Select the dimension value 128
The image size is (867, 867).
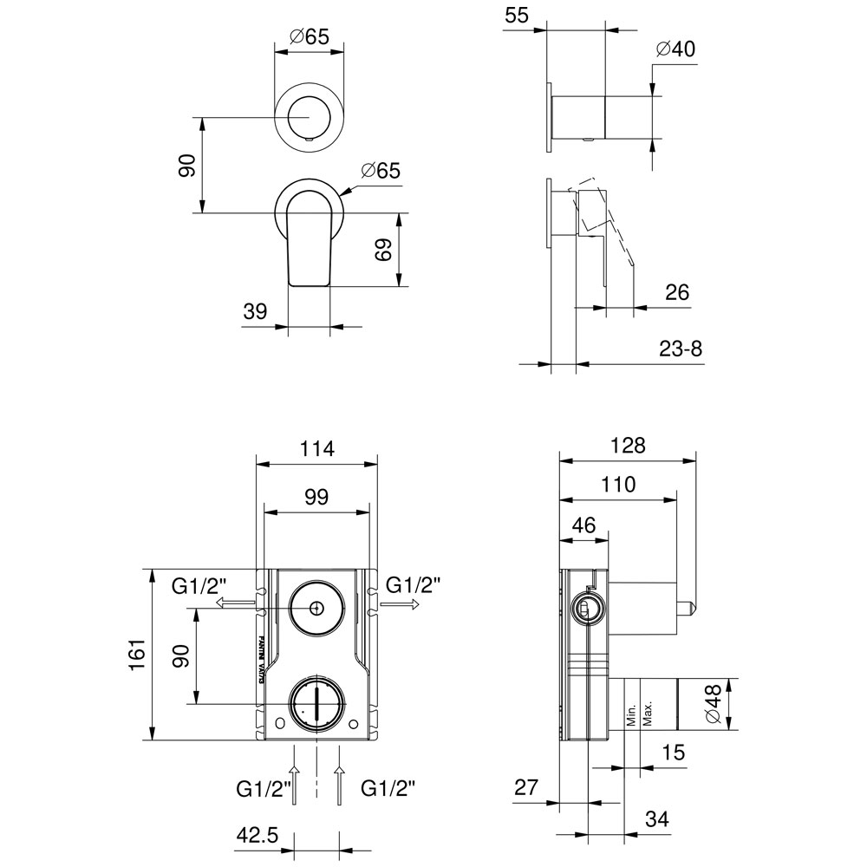(x=628, y=446)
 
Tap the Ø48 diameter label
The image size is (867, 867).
(x=713, y=704)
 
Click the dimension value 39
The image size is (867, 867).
(x=255, y=311)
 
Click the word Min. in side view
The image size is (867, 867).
(x=632, y=715)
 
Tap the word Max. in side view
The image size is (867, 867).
(x=649, y=715)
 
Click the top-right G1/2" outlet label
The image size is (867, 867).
(x=414, y=584)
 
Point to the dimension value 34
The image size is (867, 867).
(x=655, y=817)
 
